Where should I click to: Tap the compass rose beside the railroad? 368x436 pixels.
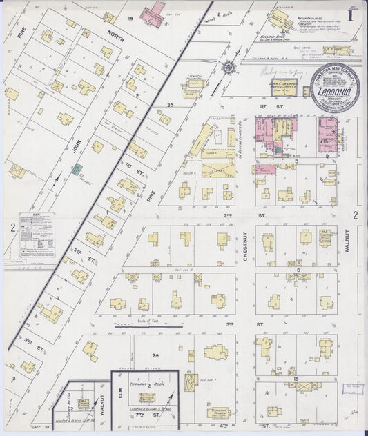tap(229, 68)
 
